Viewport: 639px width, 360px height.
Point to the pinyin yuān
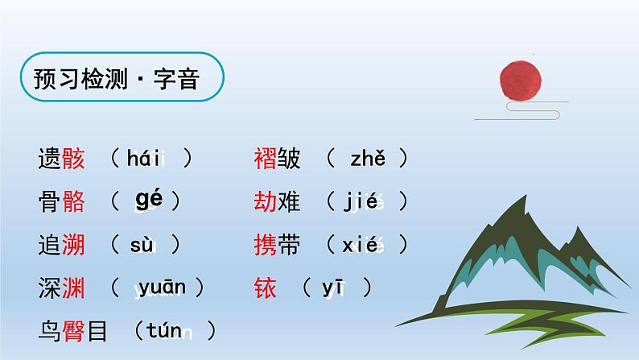162,287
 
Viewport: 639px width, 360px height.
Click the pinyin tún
167,329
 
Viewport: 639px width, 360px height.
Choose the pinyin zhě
368,159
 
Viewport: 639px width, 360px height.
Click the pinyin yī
333,287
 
